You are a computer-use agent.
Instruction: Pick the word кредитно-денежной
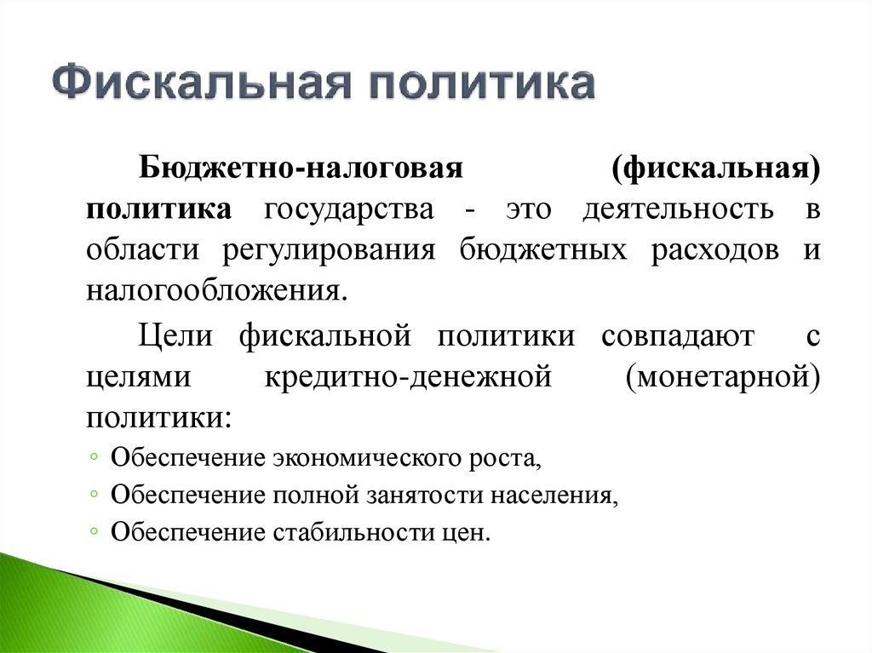tap(409, 376)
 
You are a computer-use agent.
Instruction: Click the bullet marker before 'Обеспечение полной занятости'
tap(93, 495)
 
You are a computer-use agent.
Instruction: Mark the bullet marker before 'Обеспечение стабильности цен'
tap(93, 532)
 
